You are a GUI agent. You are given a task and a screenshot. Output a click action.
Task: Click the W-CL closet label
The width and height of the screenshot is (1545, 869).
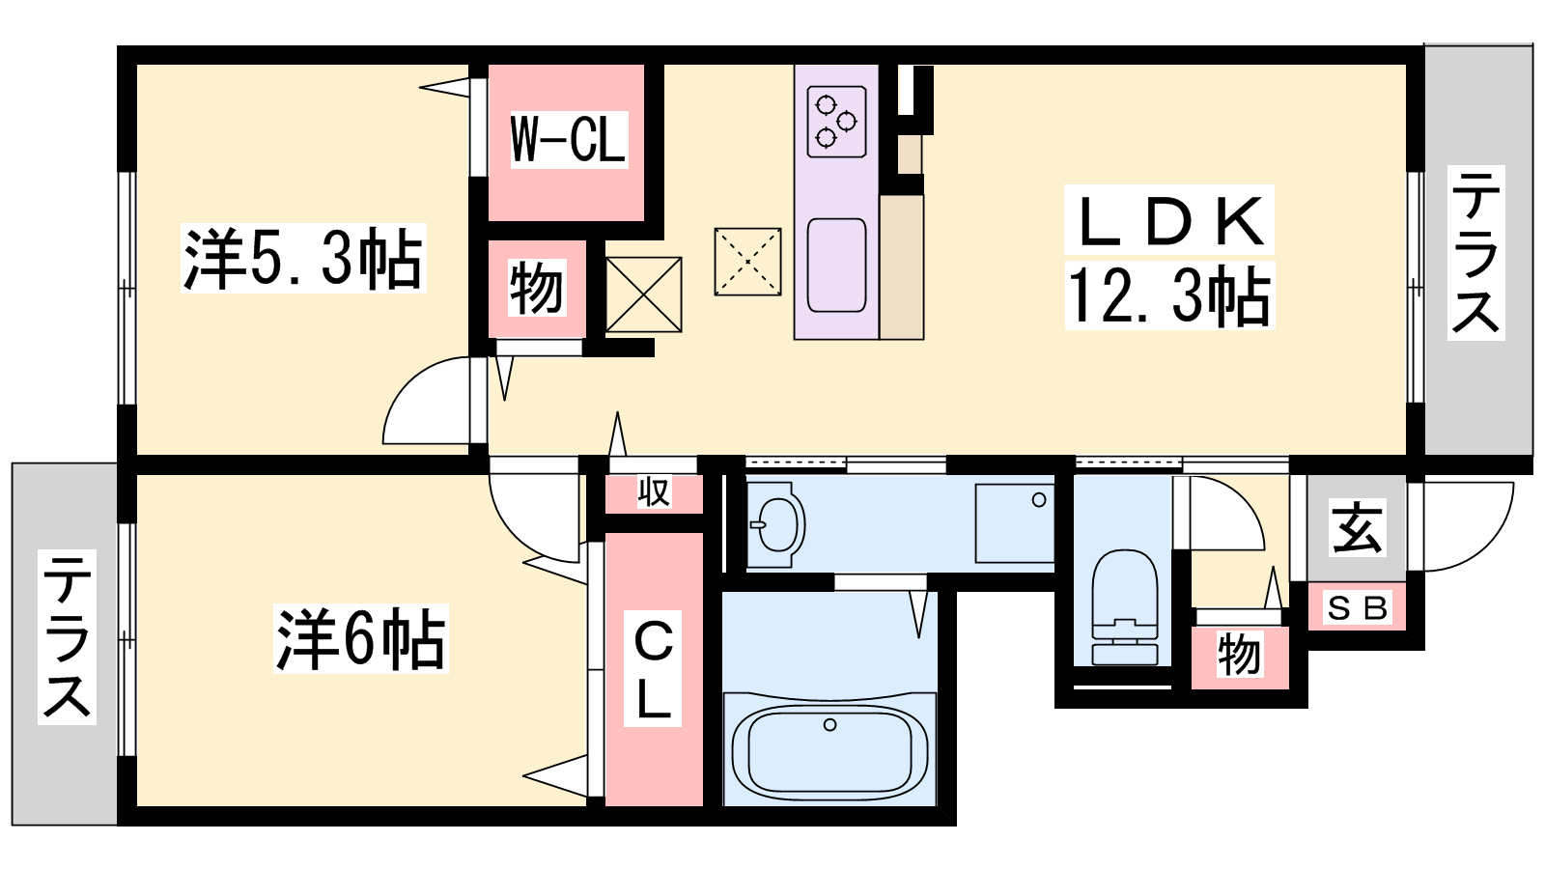pyautogui.click(x=569, y=139)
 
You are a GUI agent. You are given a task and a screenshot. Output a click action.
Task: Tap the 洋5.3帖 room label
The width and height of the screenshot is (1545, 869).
pyautogui.click(x=303, y=259)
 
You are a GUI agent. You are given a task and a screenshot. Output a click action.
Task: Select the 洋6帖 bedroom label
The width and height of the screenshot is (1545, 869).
pyautogui.click(x=361, y=638)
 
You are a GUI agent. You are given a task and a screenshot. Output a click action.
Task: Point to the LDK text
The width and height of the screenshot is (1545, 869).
pyautogui.click(x=1169, y=220)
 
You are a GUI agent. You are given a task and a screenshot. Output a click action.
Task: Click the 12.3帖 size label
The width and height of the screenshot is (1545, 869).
pyautogui.click(x=1169, y=295)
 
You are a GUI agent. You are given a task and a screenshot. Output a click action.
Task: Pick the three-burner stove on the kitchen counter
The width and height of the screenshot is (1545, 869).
pyautogui.click(x=836, y=122)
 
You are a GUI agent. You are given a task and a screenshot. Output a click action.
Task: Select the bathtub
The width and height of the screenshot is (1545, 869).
pyautogui.click(x=829, y=749)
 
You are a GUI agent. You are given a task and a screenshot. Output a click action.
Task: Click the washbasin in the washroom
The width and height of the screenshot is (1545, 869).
pyautogui.click(x=776, y=525)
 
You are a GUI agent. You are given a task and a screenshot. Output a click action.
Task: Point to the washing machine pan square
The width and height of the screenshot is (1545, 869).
pyautogui.click(x=1014, y=523)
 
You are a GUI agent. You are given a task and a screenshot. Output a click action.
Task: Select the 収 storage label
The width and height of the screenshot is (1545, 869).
pyautogui.click(x=653, y=492)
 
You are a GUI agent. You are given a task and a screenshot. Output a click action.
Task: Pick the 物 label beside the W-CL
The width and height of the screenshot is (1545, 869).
pyautogui.click(x=537, y=288)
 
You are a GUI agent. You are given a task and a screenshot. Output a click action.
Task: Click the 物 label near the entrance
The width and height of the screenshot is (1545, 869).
pyautogui.click(x=1240, y=654)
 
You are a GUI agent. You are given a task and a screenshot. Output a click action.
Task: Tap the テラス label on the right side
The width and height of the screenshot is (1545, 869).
pyautogui.click(x=1476, y=252)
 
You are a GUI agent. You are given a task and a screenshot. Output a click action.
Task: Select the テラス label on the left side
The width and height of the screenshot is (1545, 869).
pyautogui.click(x=67, y=636)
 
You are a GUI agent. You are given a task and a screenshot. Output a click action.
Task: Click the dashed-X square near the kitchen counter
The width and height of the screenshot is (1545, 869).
pyautogui.click(x=747, y=262)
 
